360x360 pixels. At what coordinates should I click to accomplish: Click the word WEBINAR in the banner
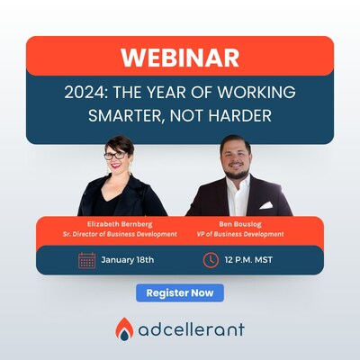pos(180,57)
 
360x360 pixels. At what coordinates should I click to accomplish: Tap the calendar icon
pos(87,260)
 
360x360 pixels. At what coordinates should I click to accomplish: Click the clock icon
pos(211,260)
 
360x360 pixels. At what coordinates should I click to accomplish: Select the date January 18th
pos(128,260)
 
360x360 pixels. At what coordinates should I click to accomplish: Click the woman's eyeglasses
pos(116,156)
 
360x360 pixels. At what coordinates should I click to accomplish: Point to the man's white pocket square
pos(266,204)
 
